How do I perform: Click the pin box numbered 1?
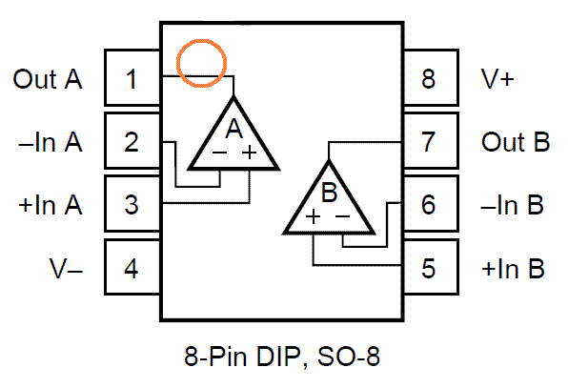point(132,77)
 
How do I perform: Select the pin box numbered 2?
point(132,141)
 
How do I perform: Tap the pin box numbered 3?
point(132,204)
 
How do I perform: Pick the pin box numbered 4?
point(132,267)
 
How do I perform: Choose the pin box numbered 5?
point(431,267)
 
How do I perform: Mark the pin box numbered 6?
point(431,204)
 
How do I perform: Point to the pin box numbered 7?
point(431,141)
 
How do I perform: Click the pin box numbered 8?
point(431,77)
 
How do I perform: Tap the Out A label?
point(48,78)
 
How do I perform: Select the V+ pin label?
point(497,78)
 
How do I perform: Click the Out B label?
point(516,142)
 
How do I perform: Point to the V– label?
point(66,269)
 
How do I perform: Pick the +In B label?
point(513,269)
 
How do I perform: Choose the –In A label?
point(51,142)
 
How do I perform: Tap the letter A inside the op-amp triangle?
point(233,129)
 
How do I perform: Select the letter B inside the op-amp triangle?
point(330,192)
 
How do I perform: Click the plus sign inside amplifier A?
point(250,153)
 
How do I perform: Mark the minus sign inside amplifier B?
point(343,216)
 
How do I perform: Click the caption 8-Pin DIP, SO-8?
point(282,357)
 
